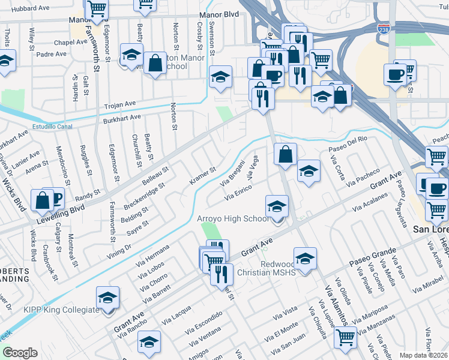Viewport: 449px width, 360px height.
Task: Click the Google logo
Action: coord(20,353)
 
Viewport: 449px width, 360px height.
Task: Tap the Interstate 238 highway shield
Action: coord(382,28)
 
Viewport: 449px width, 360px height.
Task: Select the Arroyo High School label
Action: coord(233,219)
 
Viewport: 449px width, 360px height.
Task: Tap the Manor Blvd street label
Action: coord(214,17)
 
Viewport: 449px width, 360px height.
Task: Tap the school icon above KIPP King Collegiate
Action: coord(108,298)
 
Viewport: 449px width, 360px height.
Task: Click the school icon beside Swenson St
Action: coord(220,76)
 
